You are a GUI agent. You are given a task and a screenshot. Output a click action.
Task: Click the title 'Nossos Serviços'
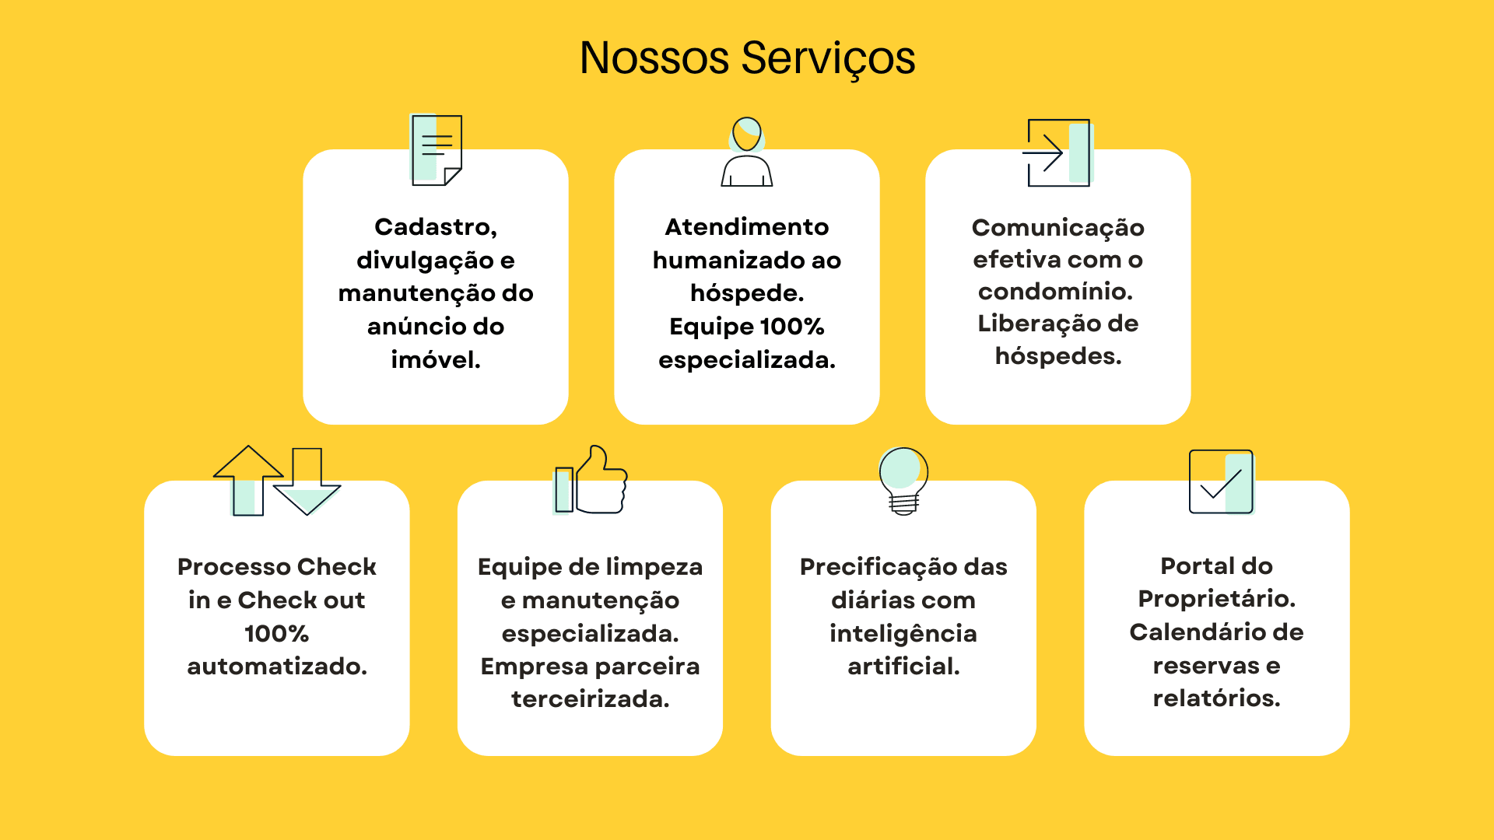(x=747, y=58)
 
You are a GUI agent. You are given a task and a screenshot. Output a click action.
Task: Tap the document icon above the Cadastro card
(x=436, y=150)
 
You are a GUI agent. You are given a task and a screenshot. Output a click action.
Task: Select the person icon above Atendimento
(x=747, y=152)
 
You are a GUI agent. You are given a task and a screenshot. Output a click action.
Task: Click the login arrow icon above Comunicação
(x=1058, y=152)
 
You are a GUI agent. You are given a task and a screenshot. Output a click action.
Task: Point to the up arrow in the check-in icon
(x=248, y=481)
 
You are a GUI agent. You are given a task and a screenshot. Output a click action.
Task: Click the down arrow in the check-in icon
(x=307, y=481)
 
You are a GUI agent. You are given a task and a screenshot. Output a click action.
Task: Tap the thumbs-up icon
(x=591, y=480)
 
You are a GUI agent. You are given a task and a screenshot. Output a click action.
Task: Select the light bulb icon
(x=903, y=481)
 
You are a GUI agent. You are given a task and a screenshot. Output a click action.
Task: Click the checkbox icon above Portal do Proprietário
(x=1222, y=482)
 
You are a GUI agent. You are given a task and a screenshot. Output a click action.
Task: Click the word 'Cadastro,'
(x=436, y=226)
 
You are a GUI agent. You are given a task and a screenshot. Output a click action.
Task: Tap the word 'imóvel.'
(x=436, y=359)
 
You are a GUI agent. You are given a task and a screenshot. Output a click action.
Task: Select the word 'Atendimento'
(x=747, y=226)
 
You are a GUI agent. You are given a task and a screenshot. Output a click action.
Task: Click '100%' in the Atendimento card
(x=792, y=326)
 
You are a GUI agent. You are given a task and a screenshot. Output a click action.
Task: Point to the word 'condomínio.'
(x=1056, y=291)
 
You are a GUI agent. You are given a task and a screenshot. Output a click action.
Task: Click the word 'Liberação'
(x=1027, y=324)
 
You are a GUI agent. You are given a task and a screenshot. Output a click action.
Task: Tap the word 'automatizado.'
(x=277, y=666)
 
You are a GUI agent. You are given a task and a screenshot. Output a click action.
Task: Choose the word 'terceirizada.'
(x=591, y=698)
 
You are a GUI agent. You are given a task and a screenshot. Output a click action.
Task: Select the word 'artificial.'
(x=903, y=666)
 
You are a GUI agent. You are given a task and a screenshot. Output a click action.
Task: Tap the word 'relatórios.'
(x=1217, y=698)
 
